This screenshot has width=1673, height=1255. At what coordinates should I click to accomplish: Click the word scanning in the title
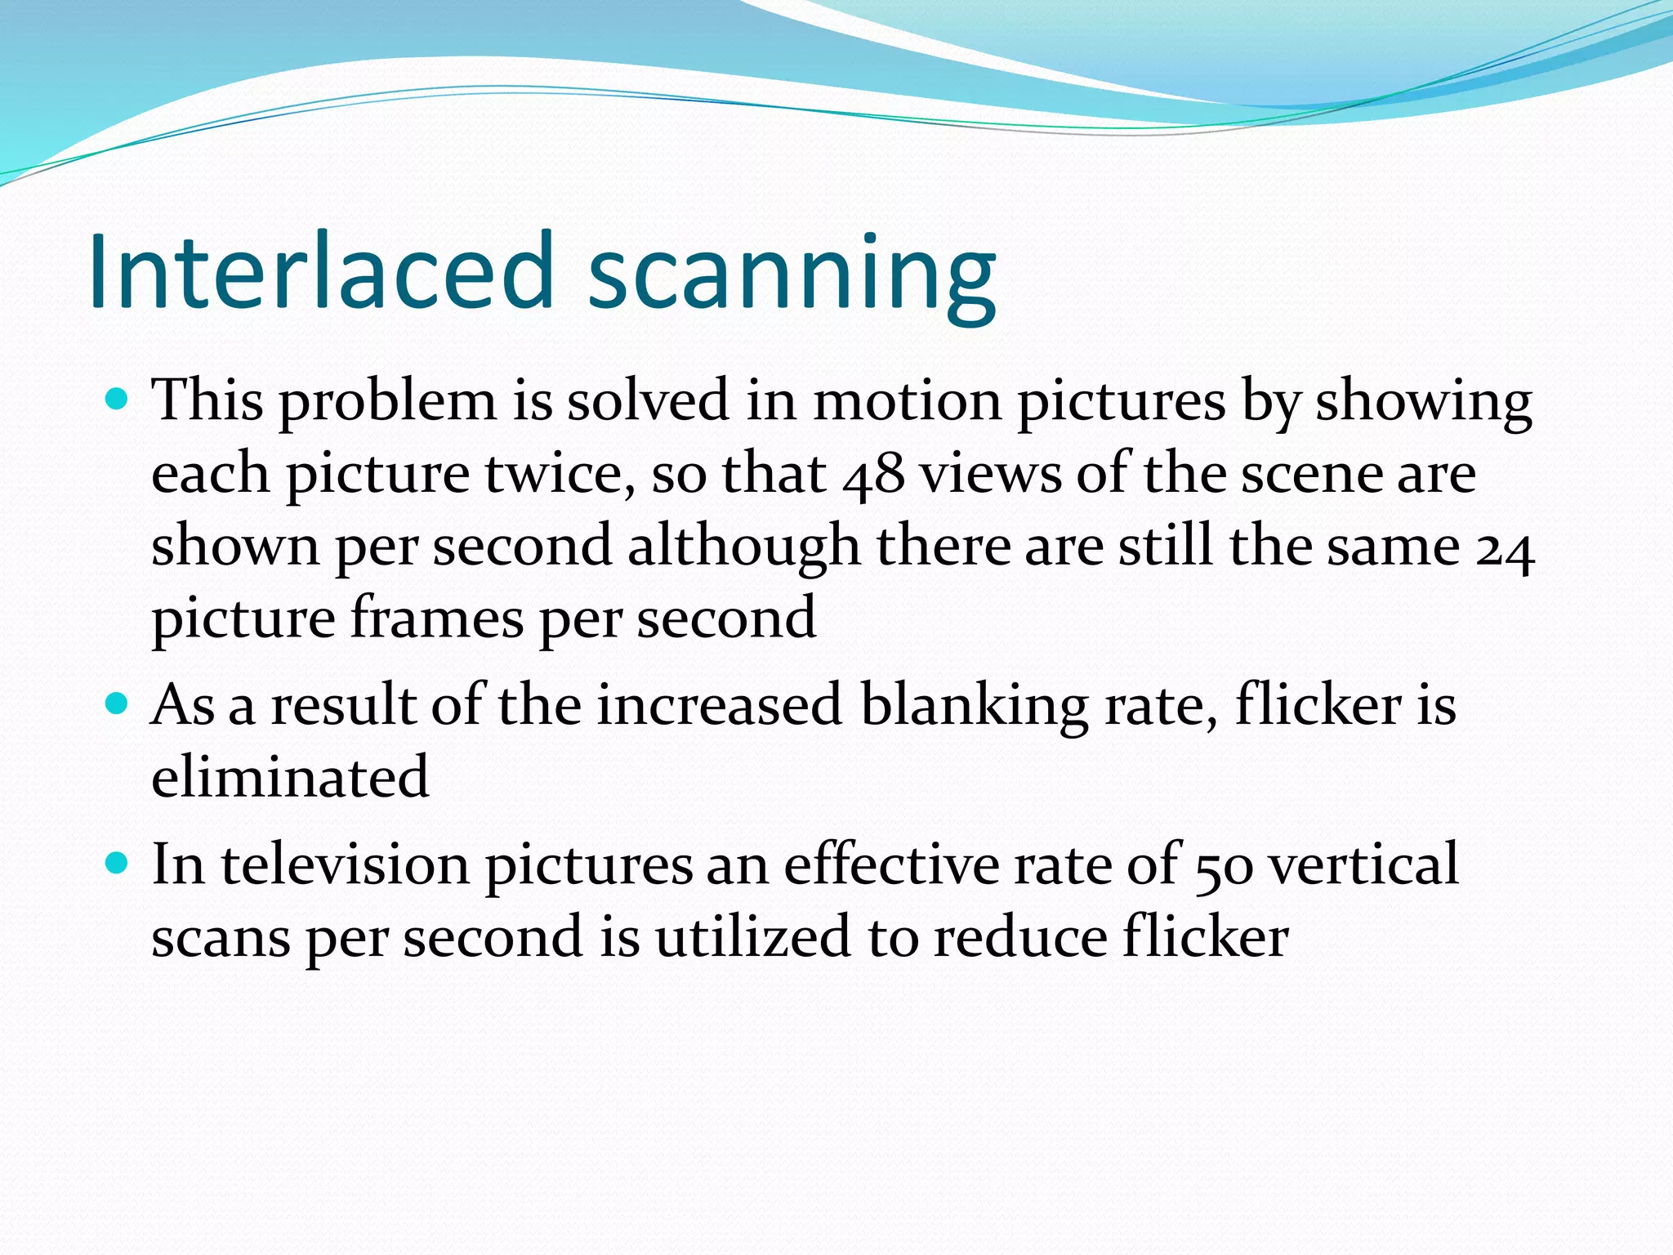tap(792, 274)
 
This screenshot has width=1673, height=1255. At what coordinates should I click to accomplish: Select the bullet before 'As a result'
tap(118, 703)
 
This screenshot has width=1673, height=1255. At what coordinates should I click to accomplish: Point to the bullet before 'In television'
tap(118, 863)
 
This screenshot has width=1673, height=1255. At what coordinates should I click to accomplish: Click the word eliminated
tap(290, 776)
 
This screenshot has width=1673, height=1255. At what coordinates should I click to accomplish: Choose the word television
tap(345, 864)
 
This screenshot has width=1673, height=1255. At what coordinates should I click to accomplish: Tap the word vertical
tap(1364, 864)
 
